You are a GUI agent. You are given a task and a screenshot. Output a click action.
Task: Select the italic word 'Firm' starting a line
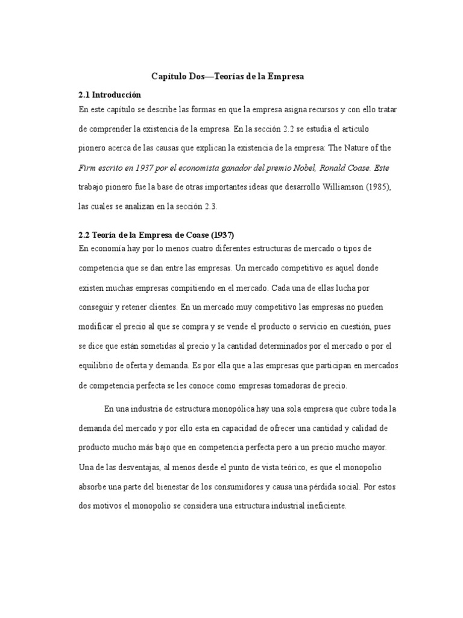(x=87, y=168)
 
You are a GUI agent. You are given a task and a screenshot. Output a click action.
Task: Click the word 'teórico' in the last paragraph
(x=278, y=467)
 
